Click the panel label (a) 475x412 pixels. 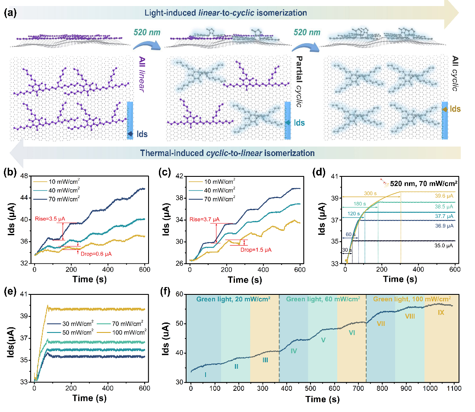[x=10, y=13]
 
